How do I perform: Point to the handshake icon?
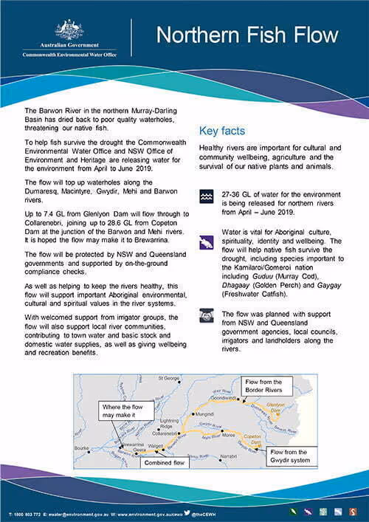point(207,315)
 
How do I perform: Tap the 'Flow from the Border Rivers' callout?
point(267,385)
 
